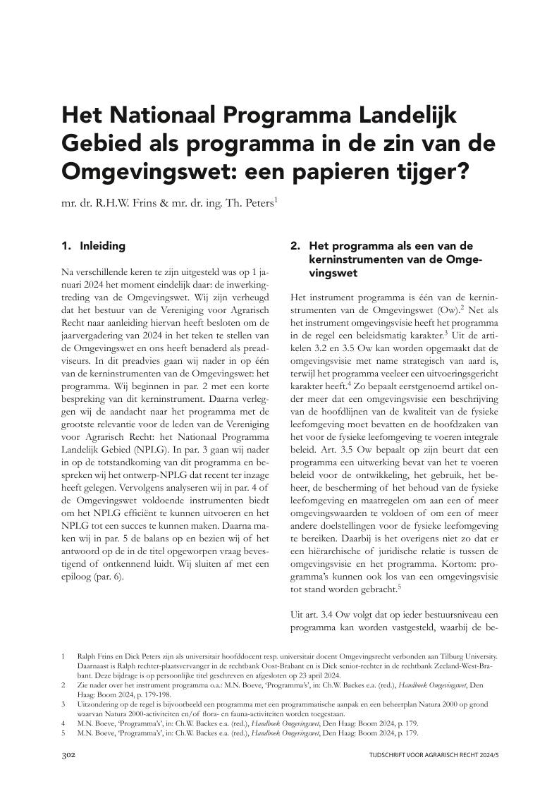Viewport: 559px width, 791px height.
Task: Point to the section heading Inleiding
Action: pos(103,246)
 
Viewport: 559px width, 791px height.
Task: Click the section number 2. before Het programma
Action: pos(296,246)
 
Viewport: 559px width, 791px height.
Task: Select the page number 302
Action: pos(69,754)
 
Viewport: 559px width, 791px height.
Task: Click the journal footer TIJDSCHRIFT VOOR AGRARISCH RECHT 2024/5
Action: pos(432,755)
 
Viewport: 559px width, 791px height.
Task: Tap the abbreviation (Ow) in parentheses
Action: pos(437,312)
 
